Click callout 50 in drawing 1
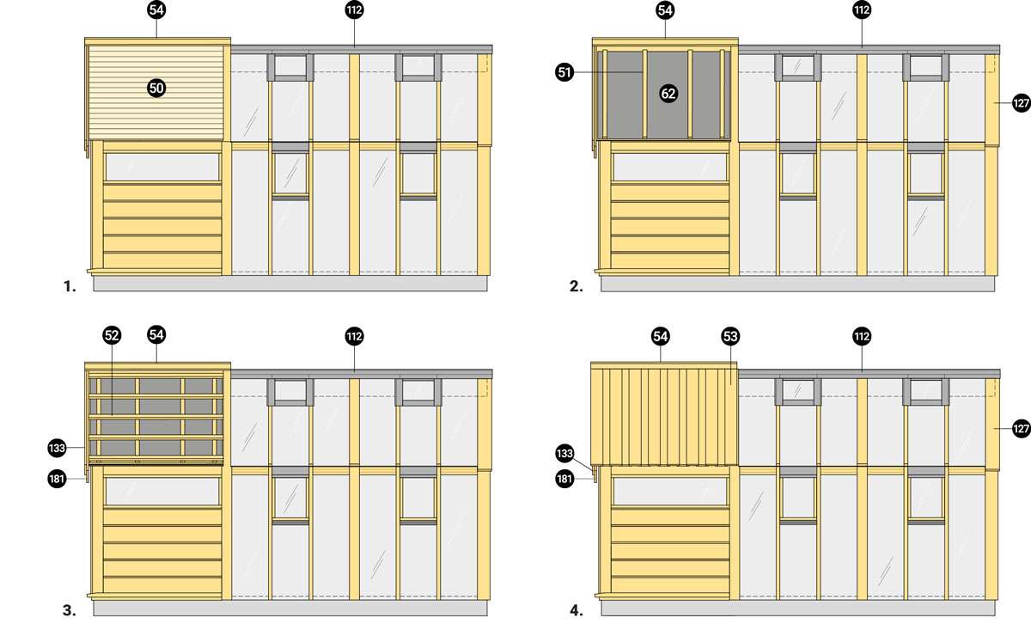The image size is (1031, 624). click(x=156, y=88)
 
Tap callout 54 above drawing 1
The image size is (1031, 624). click(x=156, y=9)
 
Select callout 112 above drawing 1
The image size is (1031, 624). click(x=354, y=9)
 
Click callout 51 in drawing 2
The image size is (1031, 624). click(x=564, y=72)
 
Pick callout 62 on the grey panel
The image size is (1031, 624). click(x=668, y=94)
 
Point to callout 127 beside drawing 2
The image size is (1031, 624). click(x=1022, y=102)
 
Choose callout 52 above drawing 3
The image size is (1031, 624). click(x=112, y=335)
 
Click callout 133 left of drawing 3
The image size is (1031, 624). click(x=57, y=448)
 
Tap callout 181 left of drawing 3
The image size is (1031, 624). click(x=57, y=479)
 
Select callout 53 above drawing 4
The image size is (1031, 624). click(x=730, y=336)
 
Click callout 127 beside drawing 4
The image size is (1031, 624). click(x=1022, y=429)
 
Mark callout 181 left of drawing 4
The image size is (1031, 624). click(x=564, y=479)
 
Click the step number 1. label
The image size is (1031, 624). click(x=70, y=286)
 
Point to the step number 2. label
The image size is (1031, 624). click(x=577, y=286)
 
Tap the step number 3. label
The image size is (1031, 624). click(x=70, y=610)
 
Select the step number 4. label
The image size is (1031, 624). click(x=577, y=610)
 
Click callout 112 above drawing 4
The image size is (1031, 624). click(x=862, y=336)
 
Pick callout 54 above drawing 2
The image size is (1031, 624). click(x=665, y=9)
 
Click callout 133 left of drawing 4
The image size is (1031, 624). click(x=564, y=454)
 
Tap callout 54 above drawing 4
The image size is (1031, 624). click(x=661, y=336)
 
